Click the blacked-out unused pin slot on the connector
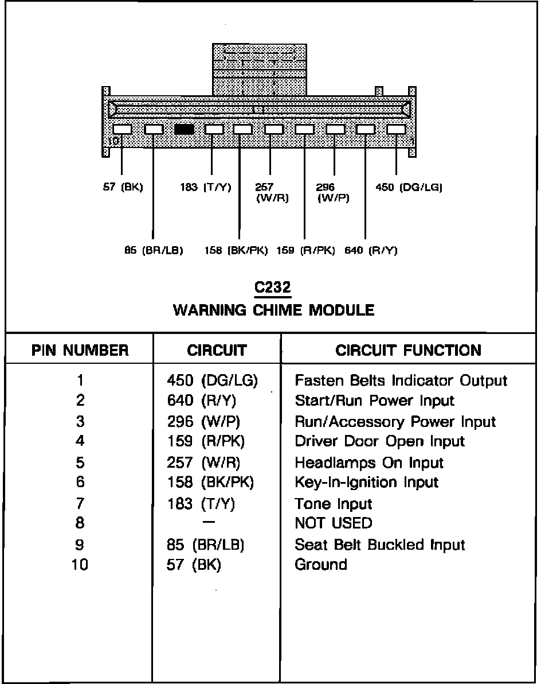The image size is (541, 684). (184, 130)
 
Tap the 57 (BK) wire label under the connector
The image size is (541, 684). (123, 187)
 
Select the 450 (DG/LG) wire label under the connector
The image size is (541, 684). (409, 187)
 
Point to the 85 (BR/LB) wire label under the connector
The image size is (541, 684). (154, 250)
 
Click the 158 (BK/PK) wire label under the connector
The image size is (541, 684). (237, 250)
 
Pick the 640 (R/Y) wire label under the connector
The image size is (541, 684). (371, 250)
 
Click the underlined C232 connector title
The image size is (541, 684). (273, 287)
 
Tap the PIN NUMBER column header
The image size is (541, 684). (80, 350)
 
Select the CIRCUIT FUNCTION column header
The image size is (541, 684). (408, 350)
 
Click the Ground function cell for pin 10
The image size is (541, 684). (321, 565)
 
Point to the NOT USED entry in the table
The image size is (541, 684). (333, 523)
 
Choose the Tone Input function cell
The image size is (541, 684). (333, 504)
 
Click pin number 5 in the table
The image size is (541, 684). (80, 463)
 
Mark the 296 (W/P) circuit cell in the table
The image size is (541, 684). (203, 422)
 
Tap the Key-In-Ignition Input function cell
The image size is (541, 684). (366, 483)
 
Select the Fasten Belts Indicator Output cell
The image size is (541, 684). (401, 380)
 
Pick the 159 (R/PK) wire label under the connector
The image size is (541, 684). (305, 250)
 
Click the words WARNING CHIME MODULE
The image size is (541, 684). (273, 310)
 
